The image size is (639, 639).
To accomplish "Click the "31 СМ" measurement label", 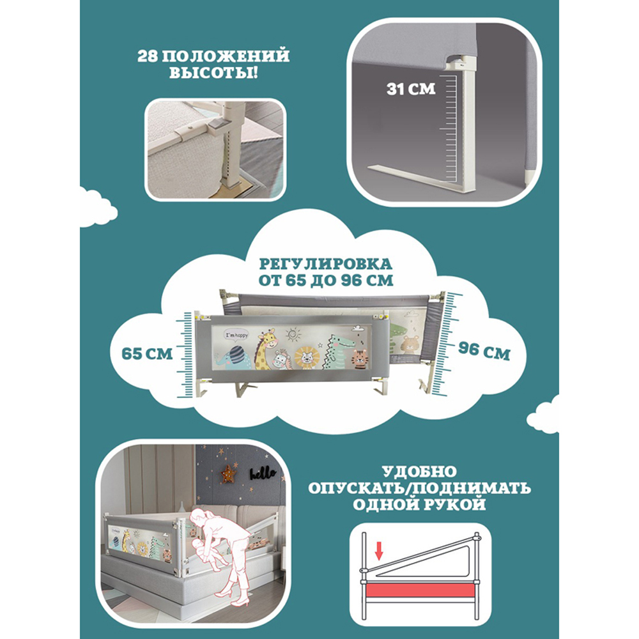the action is pyautogui.click(x=411, y=89).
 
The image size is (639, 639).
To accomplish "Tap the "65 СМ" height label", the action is pyautogui.click(x=147, y=354).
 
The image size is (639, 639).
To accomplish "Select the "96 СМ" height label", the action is pyautogui.click(x=484, y=350).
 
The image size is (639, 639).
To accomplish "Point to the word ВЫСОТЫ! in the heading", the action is pyautogui.click(x=213, y=73).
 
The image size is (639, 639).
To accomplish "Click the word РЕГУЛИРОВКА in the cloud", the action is pyautogui.click(x=326, y=264).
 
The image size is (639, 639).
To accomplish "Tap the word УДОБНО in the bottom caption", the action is pyautogui.click(x=419, y=472).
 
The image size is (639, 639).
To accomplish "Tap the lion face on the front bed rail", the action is pyautogui.click(x=307, y=357).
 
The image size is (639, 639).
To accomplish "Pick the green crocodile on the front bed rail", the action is pyautogui.click(x=337, y=351).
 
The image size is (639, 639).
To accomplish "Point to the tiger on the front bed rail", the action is pyautogui.click(x=360, y=359).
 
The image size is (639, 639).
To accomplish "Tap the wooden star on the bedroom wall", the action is pyautogui.click(x=228, y=474).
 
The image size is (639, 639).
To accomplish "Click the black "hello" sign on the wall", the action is pyautogui.click(x=263, y=473).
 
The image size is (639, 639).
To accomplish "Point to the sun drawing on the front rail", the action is pyautogui.click(x=292, y=335).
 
